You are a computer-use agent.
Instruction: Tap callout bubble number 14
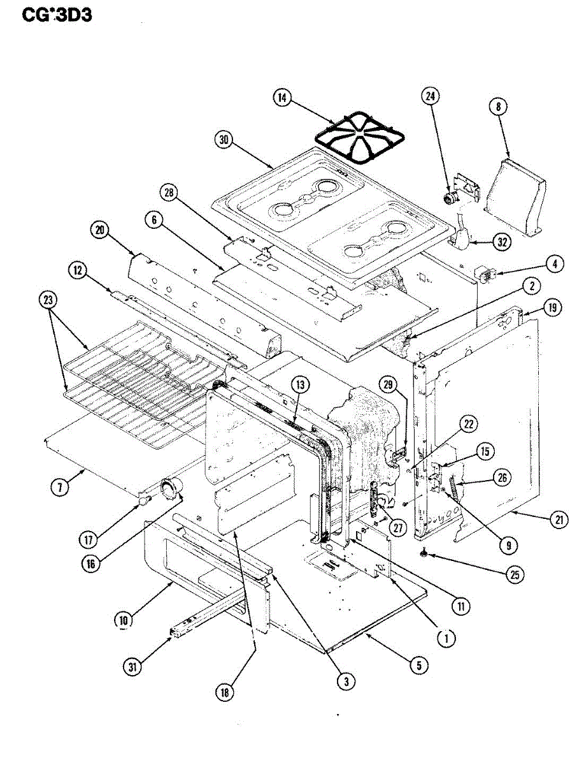(x=282, y=98)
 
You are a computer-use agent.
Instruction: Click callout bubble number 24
(x=431, y=96)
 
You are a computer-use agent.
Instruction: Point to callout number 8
(x=497, y=106)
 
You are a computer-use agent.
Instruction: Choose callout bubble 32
(x=504, y=242)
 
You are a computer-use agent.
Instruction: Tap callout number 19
(x=552, y=309)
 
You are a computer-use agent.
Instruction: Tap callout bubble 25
(x=514, y=574)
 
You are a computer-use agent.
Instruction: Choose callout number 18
(x=224, y=692)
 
